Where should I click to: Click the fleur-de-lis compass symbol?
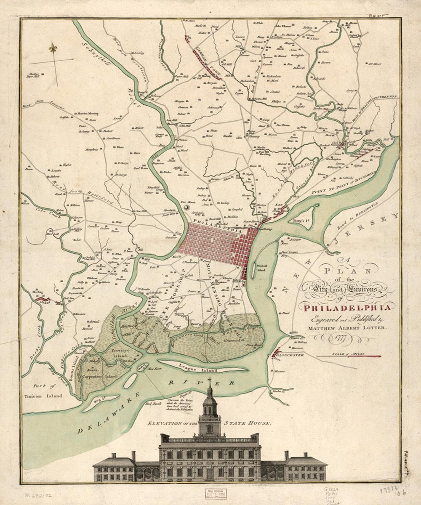pyautogui.click(x=53, y=48)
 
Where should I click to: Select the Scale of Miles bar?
pyautogui.click(x=349, y=356)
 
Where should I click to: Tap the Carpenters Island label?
pyautogui.click(x=99, y=376)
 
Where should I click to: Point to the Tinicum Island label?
pyautogui.click(x=46, y=396)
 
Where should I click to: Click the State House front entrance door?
pyautogui.click(x=209, y=474)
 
